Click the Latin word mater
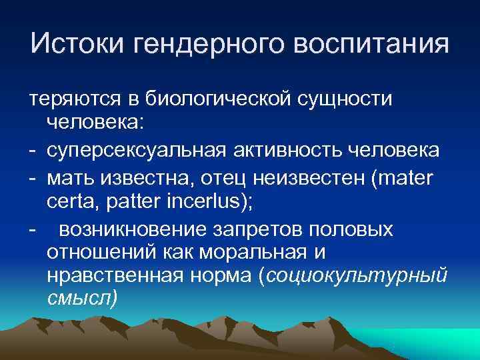click(x=408, y=175)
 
